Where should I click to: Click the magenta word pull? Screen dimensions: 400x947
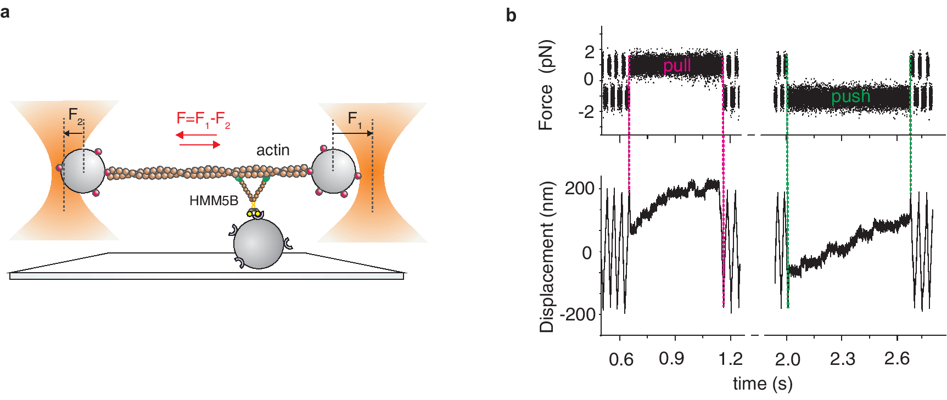677,66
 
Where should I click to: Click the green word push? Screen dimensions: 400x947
850,97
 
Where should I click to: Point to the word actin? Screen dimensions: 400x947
273,150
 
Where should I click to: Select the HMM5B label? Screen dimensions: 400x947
214,201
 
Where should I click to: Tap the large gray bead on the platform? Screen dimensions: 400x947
259,244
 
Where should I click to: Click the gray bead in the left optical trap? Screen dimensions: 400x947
82,171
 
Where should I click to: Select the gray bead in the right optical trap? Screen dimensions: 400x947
333,171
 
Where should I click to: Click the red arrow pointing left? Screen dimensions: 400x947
195,135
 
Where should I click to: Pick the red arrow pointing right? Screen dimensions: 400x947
200,144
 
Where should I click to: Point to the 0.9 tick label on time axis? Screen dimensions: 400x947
671,359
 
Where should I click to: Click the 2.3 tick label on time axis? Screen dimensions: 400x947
842,359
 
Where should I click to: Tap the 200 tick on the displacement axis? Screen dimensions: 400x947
580,189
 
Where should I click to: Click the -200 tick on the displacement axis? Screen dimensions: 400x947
578,315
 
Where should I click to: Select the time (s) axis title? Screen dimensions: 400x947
763,384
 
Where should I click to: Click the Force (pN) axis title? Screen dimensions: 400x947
546,85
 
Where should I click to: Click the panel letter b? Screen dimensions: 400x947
511,15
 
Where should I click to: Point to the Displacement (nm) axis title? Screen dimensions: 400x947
547,256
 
